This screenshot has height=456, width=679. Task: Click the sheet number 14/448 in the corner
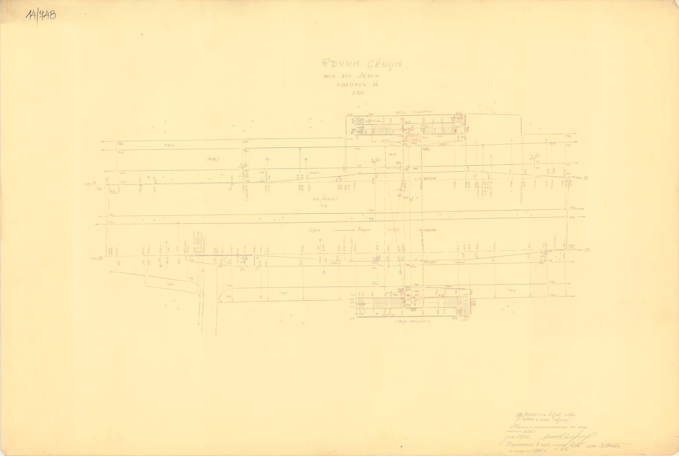[x=41, y=15]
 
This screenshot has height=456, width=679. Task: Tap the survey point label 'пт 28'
[x=583, y=250]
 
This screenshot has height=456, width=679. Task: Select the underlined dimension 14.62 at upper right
[x=568, y=136]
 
